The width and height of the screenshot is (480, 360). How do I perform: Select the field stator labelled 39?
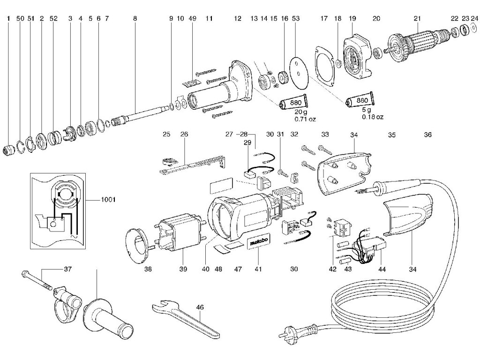(x=180, y=234)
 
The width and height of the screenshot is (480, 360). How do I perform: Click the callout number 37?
(x=68, y=270)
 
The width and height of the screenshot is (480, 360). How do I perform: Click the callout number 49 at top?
(x=193, y=19)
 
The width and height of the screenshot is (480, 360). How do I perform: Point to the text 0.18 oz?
(x=373, y=116)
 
